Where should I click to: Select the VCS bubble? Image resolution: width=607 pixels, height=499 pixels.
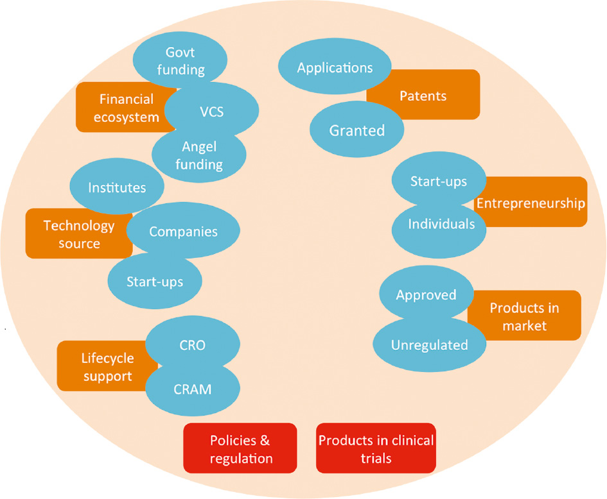point(211,109)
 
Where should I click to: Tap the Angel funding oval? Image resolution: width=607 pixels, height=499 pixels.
point(198,155)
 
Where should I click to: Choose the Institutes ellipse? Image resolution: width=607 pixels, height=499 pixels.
point(116,187)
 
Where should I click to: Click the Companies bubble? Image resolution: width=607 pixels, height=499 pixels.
point(183,231)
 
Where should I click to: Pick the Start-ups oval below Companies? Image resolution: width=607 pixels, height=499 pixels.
point(154,281)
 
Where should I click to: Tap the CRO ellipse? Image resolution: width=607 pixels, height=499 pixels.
point(192,345)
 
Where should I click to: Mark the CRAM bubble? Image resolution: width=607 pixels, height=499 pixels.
point(192,388)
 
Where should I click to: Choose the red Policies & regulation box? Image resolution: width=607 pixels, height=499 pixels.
point(240,449)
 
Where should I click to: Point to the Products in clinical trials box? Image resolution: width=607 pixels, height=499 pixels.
point(376,449)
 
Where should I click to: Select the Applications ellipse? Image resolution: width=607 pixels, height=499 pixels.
point(335,67)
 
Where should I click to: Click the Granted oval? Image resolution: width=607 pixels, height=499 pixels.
point(356,130)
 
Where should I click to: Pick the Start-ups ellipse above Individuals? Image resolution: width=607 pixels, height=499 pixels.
point(438,182)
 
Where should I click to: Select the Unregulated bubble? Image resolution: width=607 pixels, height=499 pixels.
point(429,344)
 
